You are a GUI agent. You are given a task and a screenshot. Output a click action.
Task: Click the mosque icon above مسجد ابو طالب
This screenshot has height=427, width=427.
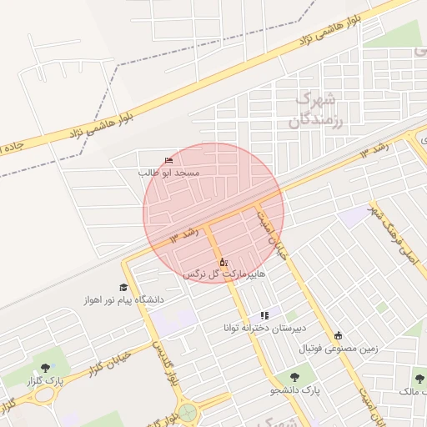(x=170, y=159)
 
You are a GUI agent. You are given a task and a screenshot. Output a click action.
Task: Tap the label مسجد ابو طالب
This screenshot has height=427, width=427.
(x=170, y=172)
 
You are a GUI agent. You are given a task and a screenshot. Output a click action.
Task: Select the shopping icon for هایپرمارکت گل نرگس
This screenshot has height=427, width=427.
(x=223, y=262)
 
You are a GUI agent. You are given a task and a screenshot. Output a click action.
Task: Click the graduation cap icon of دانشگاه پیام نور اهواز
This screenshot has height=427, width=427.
(x=123, y=287)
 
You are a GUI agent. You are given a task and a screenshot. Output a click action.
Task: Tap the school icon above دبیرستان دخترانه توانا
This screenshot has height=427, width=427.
(x=264, y=315)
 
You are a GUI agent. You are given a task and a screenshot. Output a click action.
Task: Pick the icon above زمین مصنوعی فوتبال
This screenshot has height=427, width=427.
(x=338, y=335)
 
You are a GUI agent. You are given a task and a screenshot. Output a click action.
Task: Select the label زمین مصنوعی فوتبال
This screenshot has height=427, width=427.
(x=337, y=347)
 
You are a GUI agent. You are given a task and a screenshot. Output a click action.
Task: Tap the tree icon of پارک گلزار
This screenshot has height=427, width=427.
(x=44, y=367)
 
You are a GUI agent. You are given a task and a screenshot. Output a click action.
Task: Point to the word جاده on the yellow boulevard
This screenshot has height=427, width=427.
(x=13, y=146)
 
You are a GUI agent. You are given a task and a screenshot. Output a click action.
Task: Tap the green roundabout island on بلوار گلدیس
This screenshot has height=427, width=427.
(x=189, y=412)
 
